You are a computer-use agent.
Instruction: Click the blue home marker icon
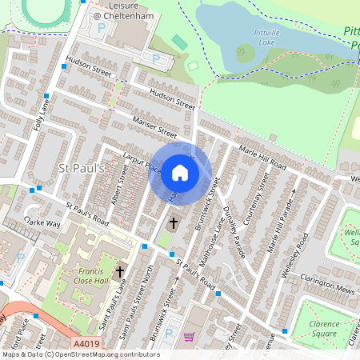point(180,173)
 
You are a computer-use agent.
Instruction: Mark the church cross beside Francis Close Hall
point(121,272)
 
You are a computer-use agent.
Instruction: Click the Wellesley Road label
point(302,250)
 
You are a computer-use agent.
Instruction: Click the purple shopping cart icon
point(190,337)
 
